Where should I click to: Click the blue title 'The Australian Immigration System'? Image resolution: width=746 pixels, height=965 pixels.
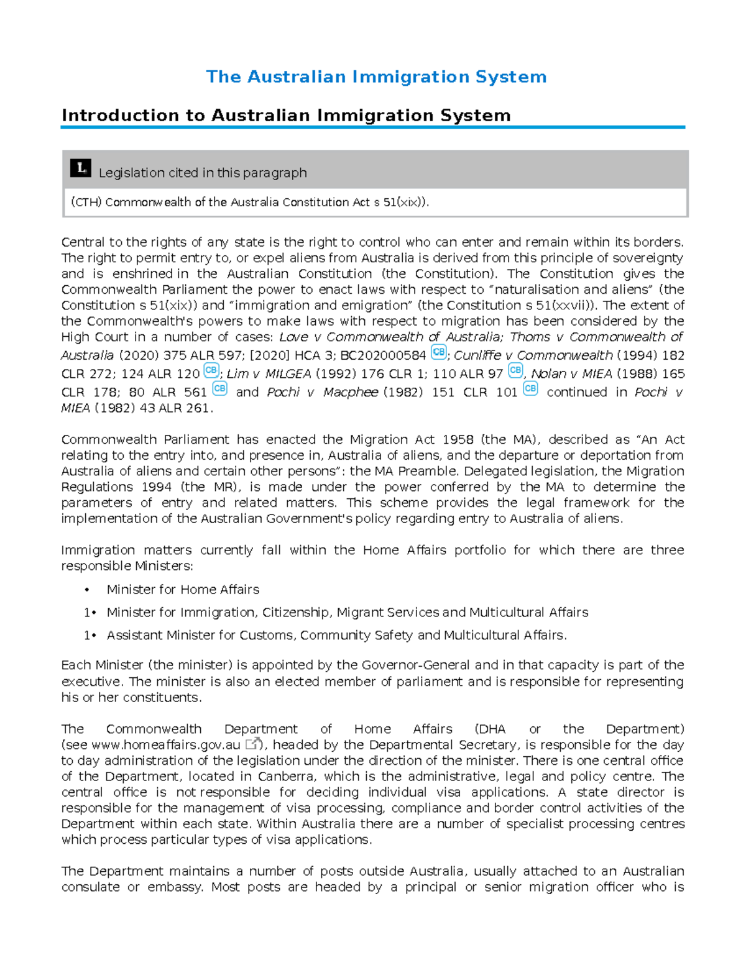click(376, 77)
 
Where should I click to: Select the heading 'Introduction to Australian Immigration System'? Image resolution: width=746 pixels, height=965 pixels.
click(286, 116)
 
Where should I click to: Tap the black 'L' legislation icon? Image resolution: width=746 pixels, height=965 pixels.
click(81, 168)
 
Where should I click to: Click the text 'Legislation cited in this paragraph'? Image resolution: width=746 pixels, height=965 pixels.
click(203, 173)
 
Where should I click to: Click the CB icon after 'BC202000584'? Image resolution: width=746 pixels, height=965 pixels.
click(438, 352)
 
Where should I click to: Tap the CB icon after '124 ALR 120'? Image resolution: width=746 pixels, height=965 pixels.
click(211, 370)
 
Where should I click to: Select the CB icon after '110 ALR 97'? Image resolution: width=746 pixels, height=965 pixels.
click(515, 370)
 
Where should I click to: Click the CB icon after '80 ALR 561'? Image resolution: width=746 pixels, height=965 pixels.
click(219, 389)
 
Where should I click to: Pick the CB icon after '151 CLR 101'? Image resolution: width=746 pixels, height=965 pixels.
click(530, 389)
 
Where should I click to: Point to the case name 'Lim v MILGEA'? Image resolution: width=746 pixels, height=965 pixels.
click(269, 374)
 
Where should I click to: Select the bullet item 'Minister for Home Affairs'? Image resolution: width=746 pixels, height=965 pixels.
click(183, 590)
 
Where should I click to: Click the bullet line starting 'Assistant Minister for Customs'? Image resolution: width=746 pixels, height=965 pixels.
click(336, 636)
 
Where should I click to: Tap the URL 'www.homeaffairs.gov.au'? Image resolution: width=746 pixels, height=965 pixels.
click(165, 745)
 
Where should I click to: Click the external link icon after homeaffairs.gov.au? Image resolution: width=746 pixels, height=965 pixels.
click(252, 744)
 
